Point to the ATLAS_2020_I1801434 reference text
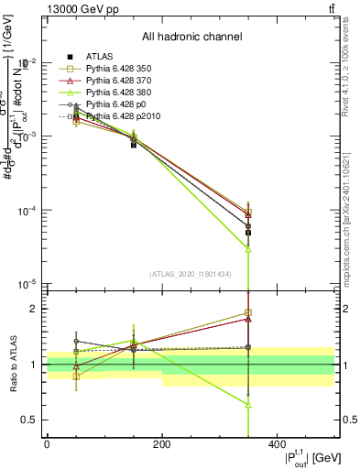(191, 273)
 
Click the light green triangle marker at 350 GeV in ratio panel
(248, 404)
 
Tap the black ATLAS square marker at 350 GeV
(248, 233)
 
